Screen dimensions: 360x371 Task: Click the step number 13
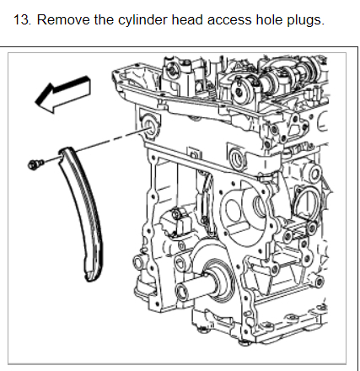[22, 19]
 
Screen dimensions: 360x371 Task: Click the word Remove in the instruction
[63, 19]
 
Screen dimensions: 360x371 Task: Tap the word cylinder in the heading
[142, 20]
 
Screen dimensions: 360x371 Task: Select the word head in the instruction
[187, 19]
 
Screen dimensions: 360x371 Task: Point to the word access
[229, 20]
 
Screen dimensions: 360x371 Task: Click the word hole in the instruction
[269, 19]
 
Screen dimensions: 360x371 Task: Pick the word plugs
[305, 20]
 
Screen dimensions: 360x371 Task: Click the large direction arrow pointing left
[62, 94]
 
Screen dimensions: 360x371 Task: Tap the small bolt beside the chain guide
[35, 164]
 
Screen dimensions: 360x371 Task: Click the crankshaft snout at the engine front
[194, 288]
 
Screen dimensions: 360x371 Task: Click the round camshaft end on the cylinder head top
[239, 90]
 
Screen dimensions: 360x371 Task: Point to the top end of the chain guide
[65, 151]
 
